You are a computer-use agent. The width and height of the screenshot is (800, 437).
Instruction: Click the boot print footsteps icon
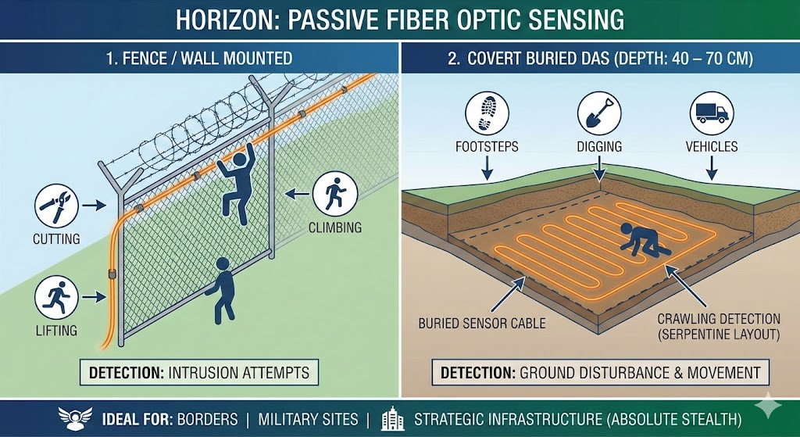pos(487,113)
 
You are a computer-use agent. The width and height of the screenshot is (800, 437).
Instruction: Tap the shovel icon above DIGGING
pos(599,113)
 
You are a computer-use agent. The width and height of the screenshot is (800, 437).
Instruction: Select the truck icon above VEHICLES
pos(712,113)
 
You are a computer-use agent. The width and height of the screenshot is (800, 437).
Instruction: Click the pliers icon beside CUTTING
pos(56,206)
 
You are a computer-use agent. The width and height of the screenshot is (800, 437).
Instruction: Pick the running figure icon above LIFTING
pos(56,298)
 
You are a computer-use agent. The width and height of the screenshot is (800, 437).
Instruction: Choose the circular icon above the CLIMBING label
pos(334,194)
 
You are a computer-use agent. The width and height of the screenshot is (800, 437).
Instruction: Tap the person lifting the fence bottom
pos(220,290)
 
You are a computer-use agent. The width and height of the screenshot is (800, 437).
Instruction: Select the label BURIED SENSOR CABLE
pos(481,323)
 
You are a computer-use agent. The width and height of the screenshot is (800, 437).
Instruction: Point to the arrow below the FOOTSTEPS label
pos(487,168)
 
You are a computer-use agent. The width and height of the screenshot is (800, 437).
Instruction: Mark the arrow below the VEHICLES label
pos(711,168)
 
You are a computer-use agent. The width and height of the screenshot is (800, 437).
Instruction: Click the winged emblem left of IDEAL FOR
pos(75,418)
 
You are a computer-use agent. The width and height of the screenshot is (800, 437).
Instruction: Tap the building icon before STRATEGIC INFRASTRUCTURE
pos(392,418)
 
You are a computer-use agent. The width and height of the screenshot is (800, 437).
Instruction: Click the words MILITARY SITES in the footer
pos(308,420)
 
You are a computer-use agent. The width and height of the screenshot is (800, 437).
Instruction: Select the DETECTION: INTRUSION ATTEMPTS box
pos(199,372)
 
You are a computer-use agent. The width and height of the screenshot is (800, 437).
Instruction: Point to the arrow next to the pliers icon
pos(94,206)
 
